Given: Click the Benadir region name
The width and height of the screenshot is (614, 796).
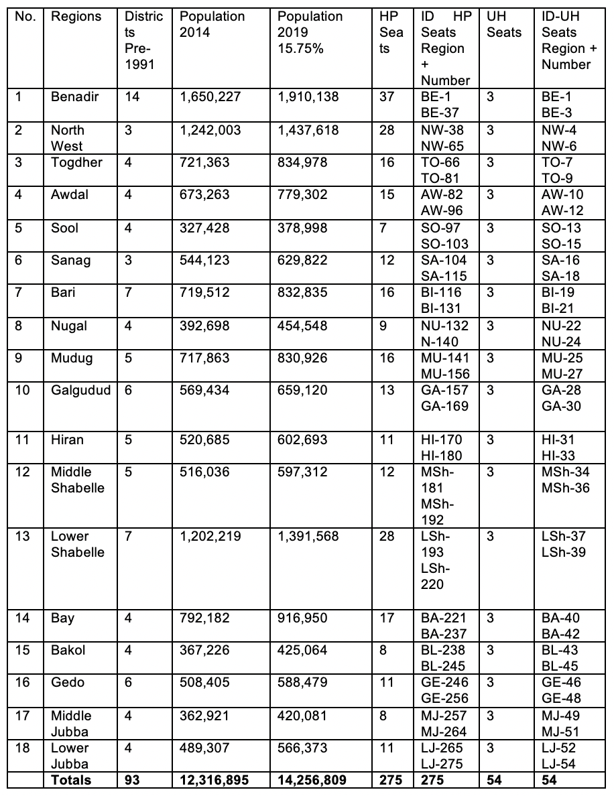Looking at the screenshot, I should coord(74,97).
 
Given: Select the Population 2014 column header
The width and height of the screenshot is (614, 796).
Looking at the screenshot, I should coord(212,24).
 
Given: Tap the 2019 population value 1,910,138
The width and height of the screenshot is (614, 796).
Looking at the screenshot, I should coord(308,97).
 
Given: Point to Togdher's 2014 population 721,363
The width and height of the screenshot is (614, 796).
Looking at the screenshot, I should coord(204,163).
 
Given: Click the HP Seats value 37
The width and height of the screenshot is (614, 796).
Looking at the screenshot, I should coord(387,97).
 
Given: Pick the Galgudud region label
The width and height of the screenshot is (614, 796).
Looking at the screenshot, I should coord(80,391).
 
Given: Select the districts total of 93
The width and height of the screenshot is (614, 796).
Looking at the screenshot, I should coord(132,780).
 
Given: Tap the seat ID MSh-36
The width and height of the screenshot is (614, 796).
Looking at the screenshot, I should coord(566,488).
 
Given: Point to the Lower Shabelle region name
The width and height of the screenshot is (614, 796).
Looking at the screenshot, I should coord(78,545).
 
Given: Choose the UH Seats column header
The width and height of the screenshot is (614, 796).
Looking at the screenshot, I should coord(503,24).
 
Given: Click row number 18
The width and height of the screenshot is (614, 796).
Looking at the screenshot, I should coord(22,748).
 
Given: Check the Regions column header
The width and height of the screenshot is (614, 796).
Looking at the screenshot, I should coord(76,16).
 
